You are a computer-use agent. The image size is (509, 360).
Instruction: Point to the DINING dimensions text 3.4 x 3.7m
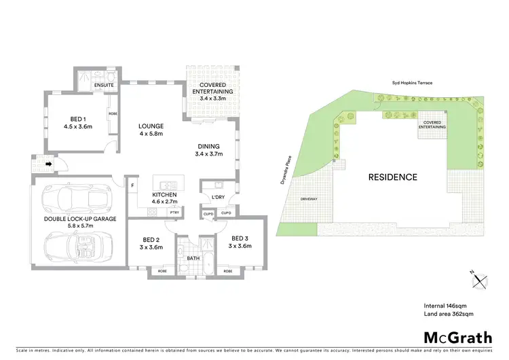point(209,155)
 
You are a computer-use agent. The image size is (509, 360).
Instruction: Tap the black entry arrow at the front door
point(48,164)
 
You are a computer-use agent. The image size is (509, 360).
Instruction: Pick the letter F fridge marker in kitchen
point(133,185)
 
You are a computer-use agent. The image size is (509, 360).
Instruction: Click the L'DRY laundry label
point(219,198)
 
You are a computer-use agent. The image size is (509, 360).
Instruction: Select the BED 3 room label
point(240,238)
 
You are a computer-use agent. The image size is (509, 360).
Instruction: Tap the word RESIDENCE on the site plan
point(392,177)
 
